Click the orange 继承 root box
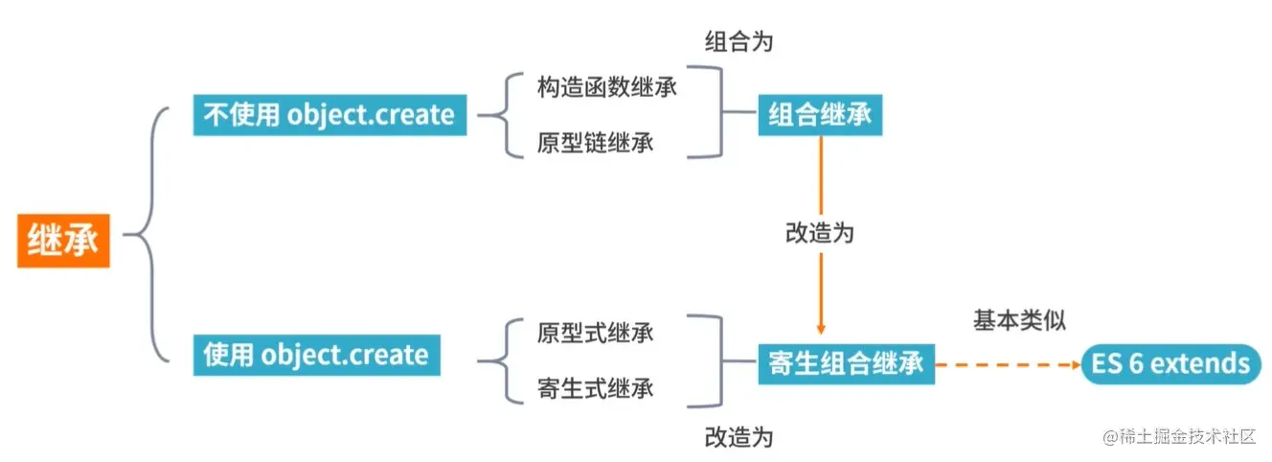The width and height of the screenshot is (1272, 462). tap(63, 240)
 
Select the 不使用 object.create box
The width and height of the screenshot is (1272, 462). tap(329, 115)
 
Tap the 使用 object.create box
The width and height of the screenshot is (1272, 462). tap(316, 355)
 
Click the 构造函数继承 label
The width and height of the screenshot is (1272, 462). tap(607, 88)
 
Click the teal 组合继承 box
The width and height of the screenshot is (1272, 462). tap(820, 115)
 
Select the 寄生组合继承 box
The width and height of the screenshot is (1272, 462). tap(846, 364)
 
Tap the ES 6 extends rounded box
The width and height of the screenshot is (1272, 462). tap(1170, 364)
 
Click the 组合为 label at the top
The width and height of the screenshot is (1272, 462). tap(738, 42)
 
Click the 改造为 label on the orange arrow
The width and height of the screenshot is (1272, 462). tap(819, 233)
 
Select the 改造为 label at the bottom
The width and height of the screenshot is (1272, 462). tap(738, 437)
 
